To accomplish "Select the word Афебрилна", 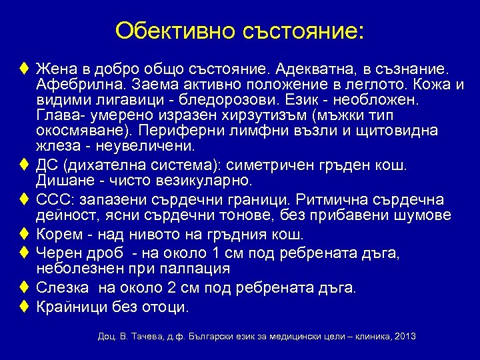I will (x=80, y=85).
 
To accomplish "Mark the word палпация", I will (x=198, y=269).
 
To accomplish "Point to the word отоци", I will (x=169, y=307).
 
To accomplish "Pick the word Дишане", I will (x=65, y=180).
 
